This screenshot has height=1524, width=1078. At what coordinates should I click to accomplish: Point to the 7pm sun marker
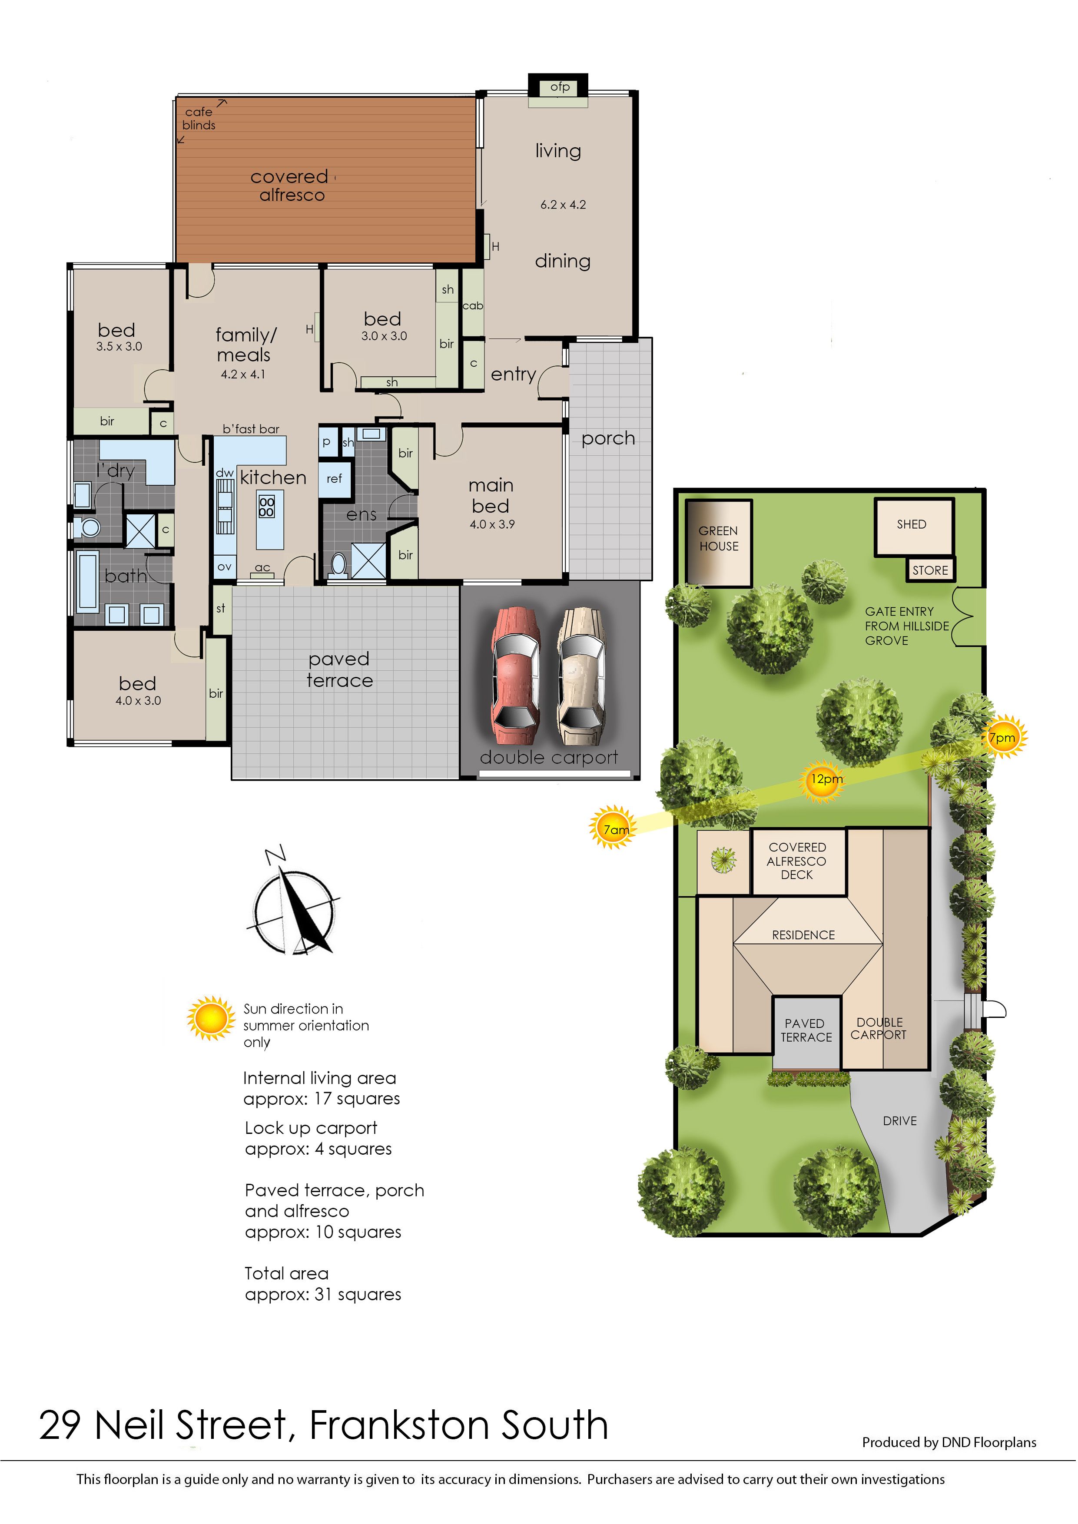tap(1004, 737)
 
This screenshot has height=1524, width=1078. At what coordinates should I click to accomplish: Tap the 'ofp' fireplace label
tap(560, 86)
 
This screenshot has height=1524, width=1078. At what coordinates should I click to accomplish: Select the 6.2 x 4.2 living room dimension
tap(563, 205)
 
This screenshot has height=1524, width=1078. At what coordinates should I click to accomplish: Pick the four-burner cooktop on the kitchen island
tap(266, 507)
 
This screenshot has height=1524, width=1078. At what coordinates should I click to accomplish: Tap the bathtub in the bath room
tap(88, 581)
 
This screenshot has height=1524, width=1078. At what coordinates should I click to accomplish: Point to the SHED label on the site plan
tap(912, 524)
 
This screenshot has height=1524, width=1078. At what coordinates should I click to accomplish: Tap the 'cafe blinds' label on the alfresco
tap(199, 119)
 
